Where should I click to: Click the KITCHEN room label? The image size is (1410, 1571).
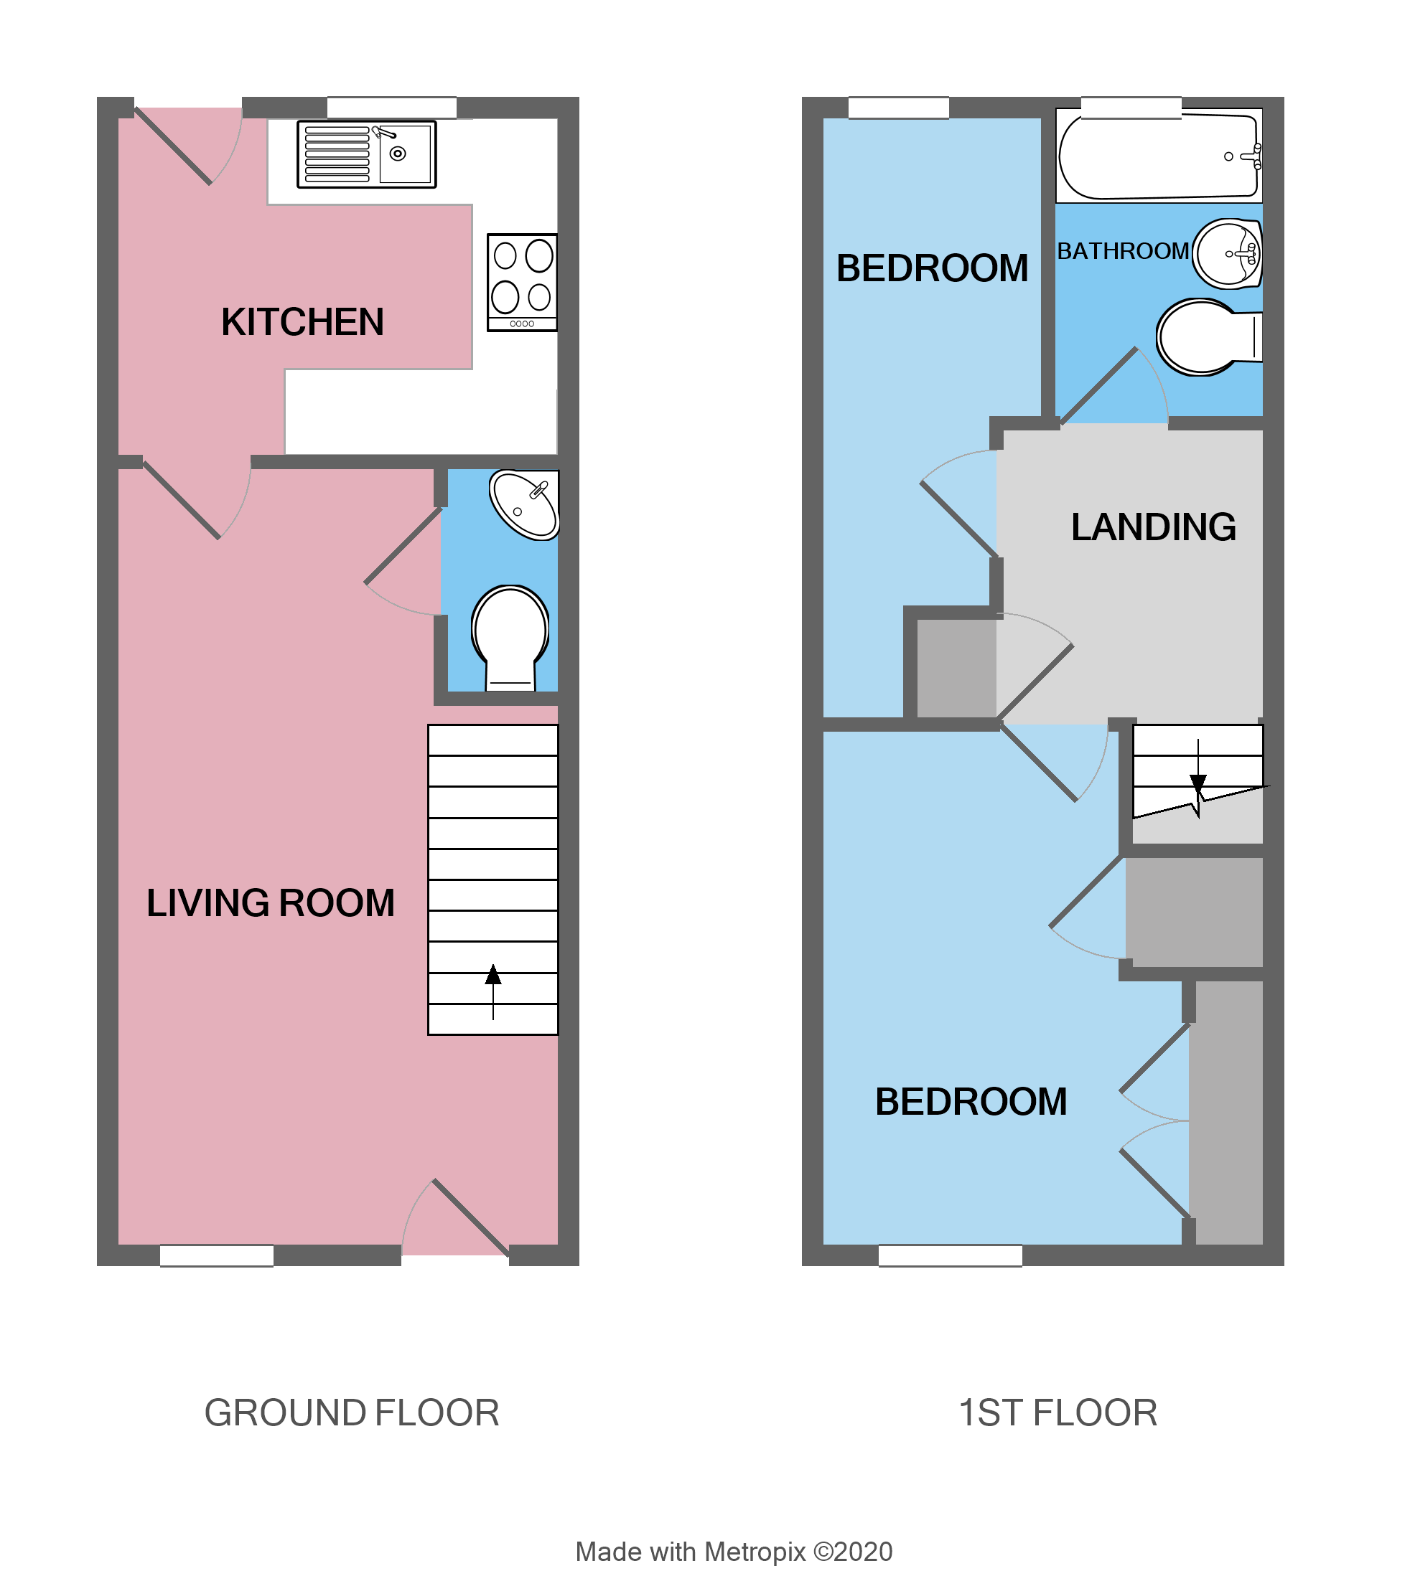[302, 322]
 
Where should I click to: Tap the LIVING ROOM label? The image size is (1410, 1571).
[271, 903]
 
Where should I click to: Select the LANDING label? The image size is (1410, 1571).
[1153, 527]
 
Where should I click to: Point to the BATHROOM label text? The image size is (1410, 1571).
[1123, 252]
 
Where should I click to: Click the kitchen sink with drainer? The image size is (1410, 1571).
[366, 154]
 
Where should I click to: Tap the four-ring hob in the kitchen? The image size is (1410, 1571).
[521, 283]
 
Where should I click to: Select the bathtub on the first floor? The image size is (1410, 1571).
[1157, 156]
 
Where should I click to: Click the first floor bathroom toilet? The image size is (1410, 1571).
[1205, 337]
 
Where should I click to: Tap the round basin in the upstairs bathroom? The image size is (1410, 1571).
[1227, 253]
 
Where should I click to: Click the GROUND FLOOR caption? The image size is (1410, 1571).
[352, 1413]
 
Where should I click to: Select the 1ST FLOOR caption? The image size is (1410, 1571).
[1057, 1413]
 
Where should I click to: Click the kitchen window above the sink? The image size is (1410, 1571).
[391, 108]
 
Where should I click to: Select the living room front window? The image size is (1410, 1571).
[216, 1255]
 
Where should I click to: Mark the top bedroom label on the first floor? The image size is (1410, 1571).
[932, 269]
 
